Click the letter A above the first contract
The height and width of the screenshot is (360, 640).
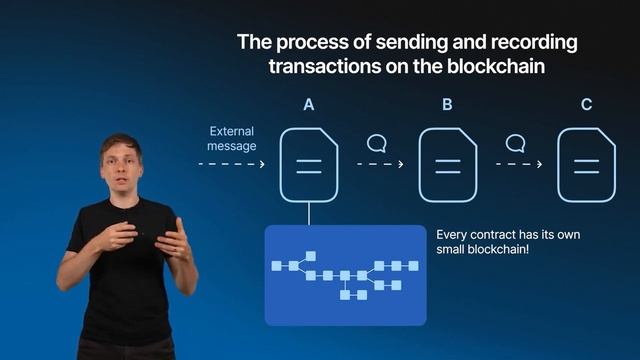click(x=310, y=104)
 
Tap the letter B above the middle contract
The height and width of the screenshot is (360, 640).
click(x=448, y=104)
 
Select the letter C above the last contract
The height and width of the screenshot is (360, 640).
click(x=587, y=104)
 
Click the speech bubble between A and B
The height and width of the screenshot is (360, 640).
click(x=377, y=142)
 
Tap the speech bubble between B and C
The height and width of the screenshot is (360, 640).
click(x=516, y=142)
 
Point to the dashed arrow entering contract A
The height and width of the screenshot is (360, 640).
click(x=231, y=164)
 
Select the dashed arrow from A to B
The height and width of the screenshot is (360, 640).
click(x=379, y=164)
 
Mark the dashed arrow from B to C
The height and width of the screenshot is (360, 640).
click(x=518, y=164)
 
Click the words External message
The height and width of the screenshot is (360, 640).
click(x=231, y=138)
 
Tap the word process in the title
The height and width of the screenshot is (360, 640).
click(x=306, y=43)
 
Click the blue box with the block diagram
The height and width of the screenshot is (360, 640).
click(x=345, y=275)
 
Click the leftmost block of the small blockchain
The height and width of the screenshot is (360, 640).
click(x=277, y=266)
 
